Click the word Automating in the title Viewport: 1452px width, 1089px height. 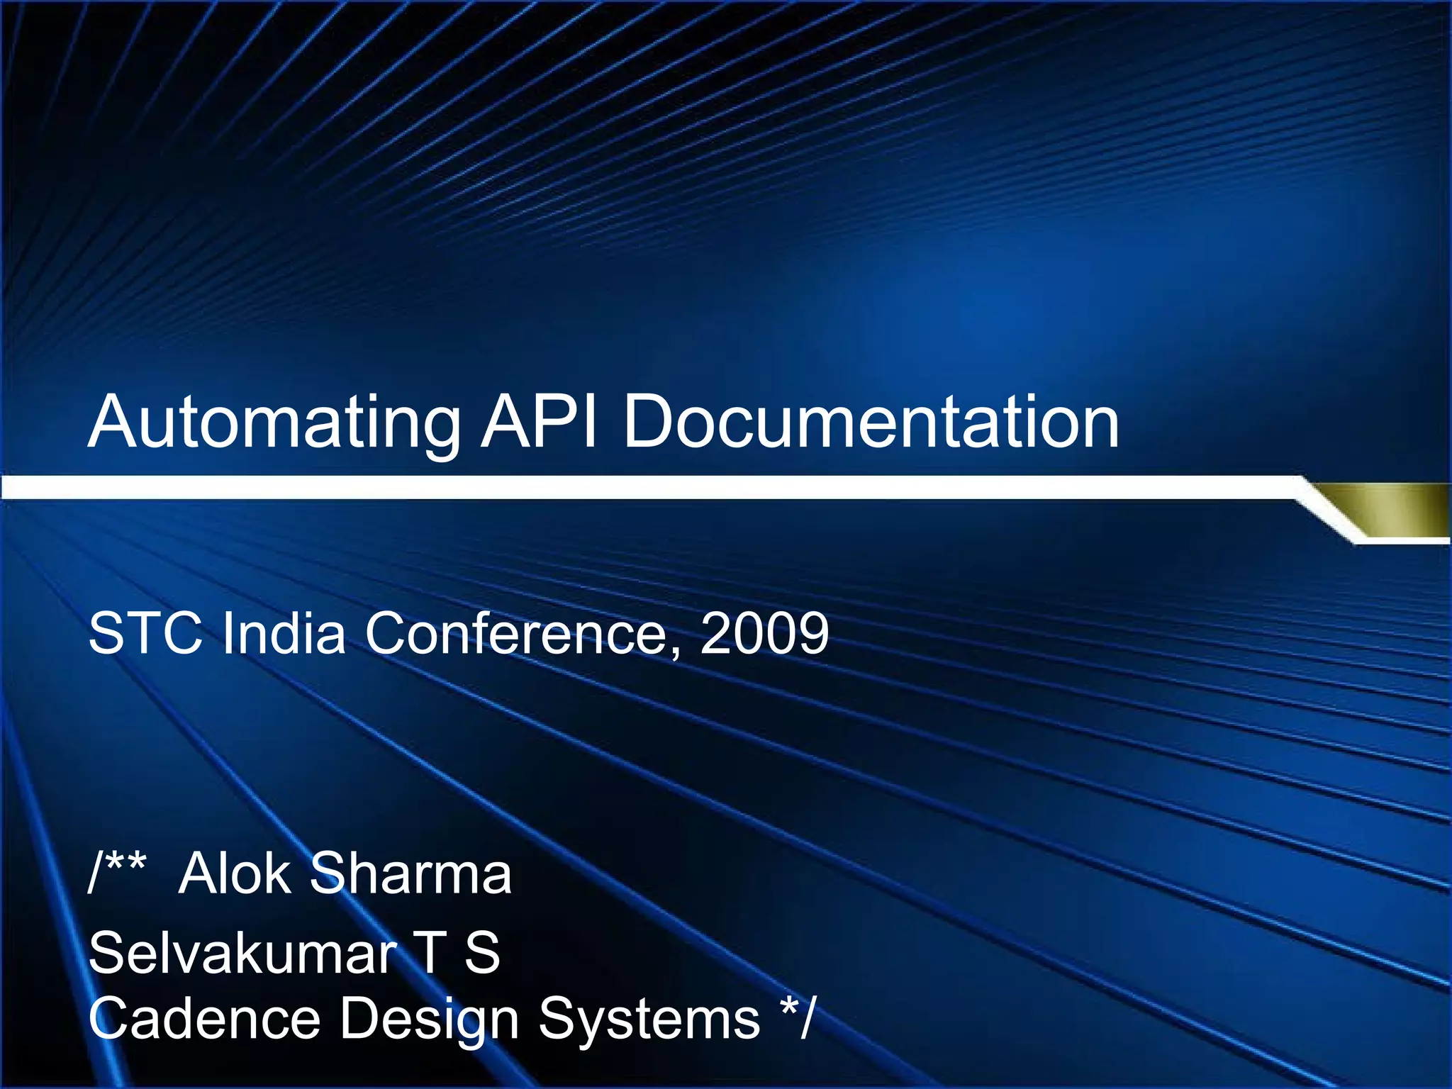tap(274, 423)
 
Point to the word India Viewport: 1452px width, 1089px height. tap(284, 632)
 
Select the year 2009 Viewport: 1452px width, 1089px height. tap(764, 632)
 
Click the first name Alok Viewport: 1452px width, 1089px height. tap(234, 873)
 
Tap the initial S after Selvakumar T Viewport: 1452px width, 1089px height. tap(482, 953)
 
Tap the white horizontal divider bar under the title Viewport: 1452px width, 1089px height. tap(638, 488)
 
